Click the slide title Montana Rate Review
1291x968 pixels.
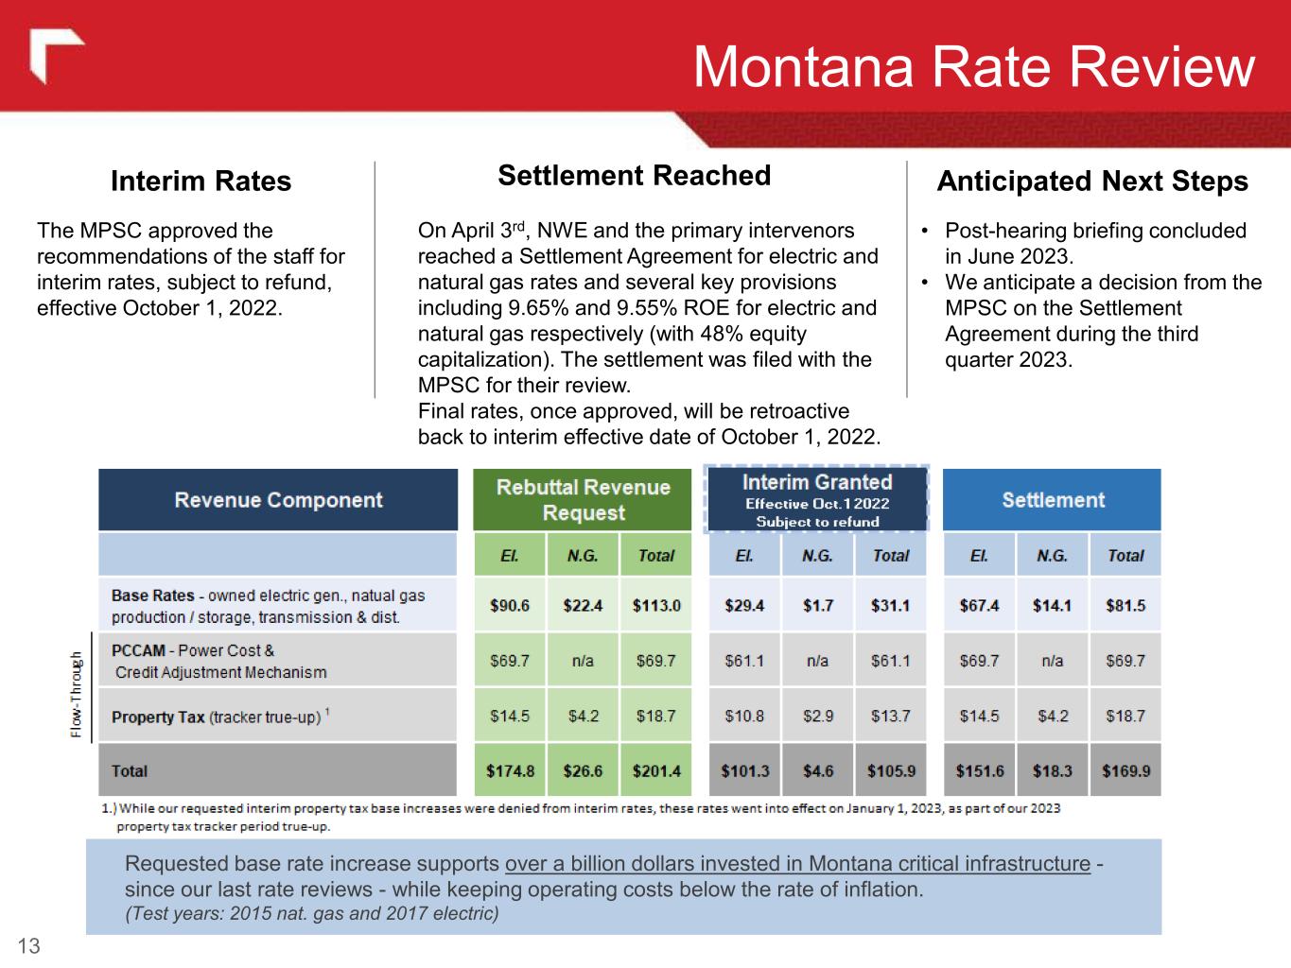tap(973, 67)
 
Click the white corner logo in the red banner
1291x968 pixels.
tap(56, 57)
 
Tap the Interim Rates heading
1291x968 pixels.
tap(201, 181)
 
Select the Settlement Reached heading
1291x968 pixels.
tap(634, 176)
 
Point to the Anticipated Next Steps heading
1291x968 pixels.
tap(1091, 181)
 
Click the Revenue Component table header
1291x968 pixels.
tap(278, 500)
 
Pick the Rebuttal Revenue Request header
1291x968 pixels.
tap(583, 500)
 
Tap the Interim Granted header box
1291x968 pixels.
tap(817, 500)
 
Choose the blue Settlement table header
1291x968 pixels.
tap(1052, 500)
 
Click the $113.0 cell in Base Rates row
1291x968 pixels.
tap(656, 605)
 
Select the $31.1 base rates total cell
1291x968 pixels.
tap(891, 605)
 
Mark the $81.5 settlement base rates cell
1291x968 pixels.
tap(1125, 605)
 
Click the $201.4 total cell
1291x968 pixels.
tap(656, 770)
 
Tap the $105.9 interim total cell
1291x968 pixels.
tap(891, 770)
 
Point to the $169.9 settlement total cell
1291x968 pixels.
tap(1125, 770)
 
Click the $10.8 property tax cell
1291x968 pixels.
tap(744, 716)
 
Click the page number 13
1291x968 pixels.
tap(29, 946)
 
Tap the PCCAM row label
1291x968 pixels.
tap(218, 661)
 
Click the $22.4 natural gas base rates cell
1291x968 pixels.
tap(583, 605)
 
